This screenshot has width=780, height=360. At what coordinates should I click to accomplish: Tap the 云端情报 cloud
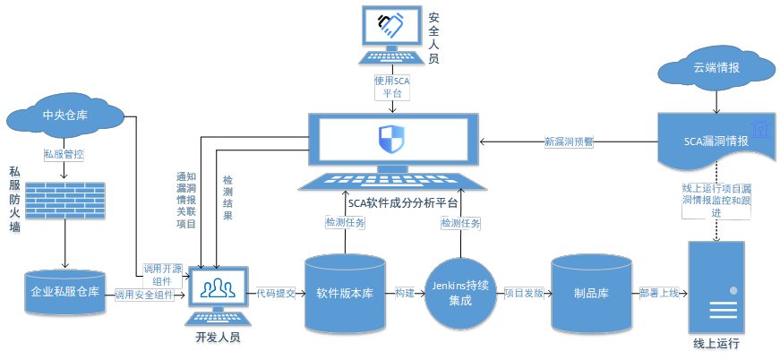point(716,69)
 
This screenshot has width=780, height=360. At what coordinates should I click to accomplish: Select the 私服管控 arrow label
point(64,154)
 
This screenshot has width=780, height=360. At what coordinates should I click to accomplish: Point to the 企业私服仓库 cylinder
point(64,292)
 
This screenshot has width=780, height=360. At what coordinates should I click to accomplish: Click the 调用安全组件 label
point(144,294)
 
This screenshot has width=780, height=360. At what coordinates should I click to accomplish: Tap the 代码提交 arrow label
point(276,293)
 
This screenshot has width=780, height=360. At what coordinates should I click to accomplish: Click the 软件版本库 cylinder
point(345,294)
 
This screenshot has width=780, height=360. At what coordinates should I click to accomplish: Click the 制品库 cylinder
point(591,293)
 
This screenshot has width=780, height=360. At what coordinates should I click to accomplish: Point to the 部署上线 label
point(659,293)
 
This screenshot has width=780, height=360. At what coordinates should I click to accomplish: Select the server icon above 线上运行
point(716,287)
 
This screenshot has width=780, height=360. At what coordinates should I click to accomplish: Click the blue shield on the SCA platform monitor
point(391,139)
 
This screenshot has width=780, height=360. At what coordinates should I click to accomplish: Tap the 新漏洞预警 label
point(569,141)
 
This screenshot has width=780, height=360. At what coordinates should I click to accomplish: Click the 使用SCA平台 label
point(391,87)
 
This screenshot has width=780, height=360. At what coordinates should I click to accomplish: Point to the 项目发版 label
point(524,293)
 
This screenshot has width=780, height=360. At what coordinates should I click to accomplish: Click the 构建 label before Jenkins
point(405,293)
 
